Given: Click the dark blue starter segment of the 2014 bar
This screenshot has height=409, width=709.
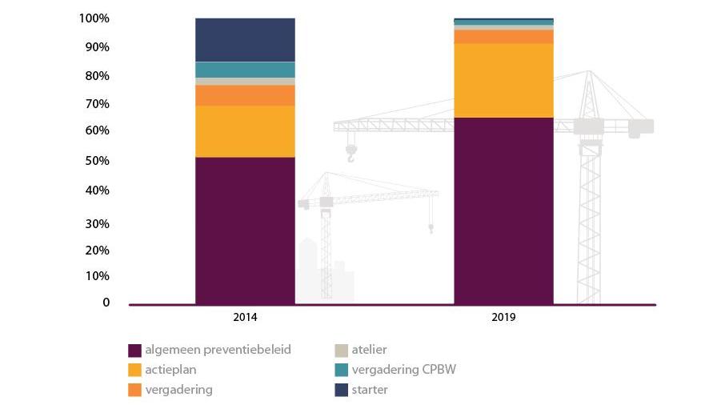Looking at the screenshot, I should coord(245,40).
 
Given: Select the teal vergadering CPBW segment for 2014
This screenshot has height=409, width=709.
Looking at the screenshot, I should coord(245,70).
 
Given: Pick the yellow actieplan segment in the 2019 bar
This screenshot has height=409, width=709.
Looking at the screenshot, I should coord(503,81).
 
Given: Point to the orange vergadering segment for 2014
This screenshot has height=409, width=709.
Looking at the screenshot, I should coord(245,95).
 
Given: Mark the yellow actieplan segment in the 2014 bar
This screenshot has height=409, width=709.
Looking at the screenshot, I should coord(245,131).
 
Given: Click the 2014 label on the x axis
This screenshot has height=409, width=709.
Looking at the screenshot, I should coord(245,318).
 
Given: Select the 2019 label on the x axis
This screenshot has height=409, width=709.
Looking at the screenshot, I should coord(503,318).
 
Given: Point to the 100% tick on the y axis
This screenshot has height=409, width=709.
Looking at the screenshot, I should coord(94,18).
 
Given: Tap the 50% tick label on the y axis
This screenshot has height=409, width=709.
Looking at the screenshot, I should coord(97,161).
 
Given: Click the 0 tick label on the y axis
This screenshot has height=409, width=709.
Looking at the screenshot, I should coord(106,303).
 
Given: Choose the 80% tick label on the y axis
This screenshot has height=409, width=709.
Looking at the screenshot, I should coord(97,76).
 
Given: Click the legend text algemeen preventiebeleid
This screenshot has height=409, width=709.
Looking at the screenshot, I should coord(218,350).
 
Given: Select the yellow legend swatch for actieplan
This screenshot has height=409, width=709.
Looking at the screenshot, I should coord(134,371).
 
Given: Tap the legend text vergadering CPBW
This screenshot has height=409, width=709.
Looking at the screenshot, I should coord(403,370).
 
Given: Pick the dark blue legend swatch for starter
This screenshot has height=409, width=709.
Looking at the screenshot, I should coord(342,391).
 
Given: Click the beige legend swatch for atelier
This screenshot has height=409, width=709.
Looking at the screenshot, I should coord(342,351).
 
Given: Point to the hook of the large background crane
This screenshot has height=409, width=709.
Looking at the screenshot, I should coord(350,154).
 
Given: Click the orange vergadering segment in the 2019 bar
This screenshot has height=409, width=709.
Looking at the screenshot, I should coord(503,37).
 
